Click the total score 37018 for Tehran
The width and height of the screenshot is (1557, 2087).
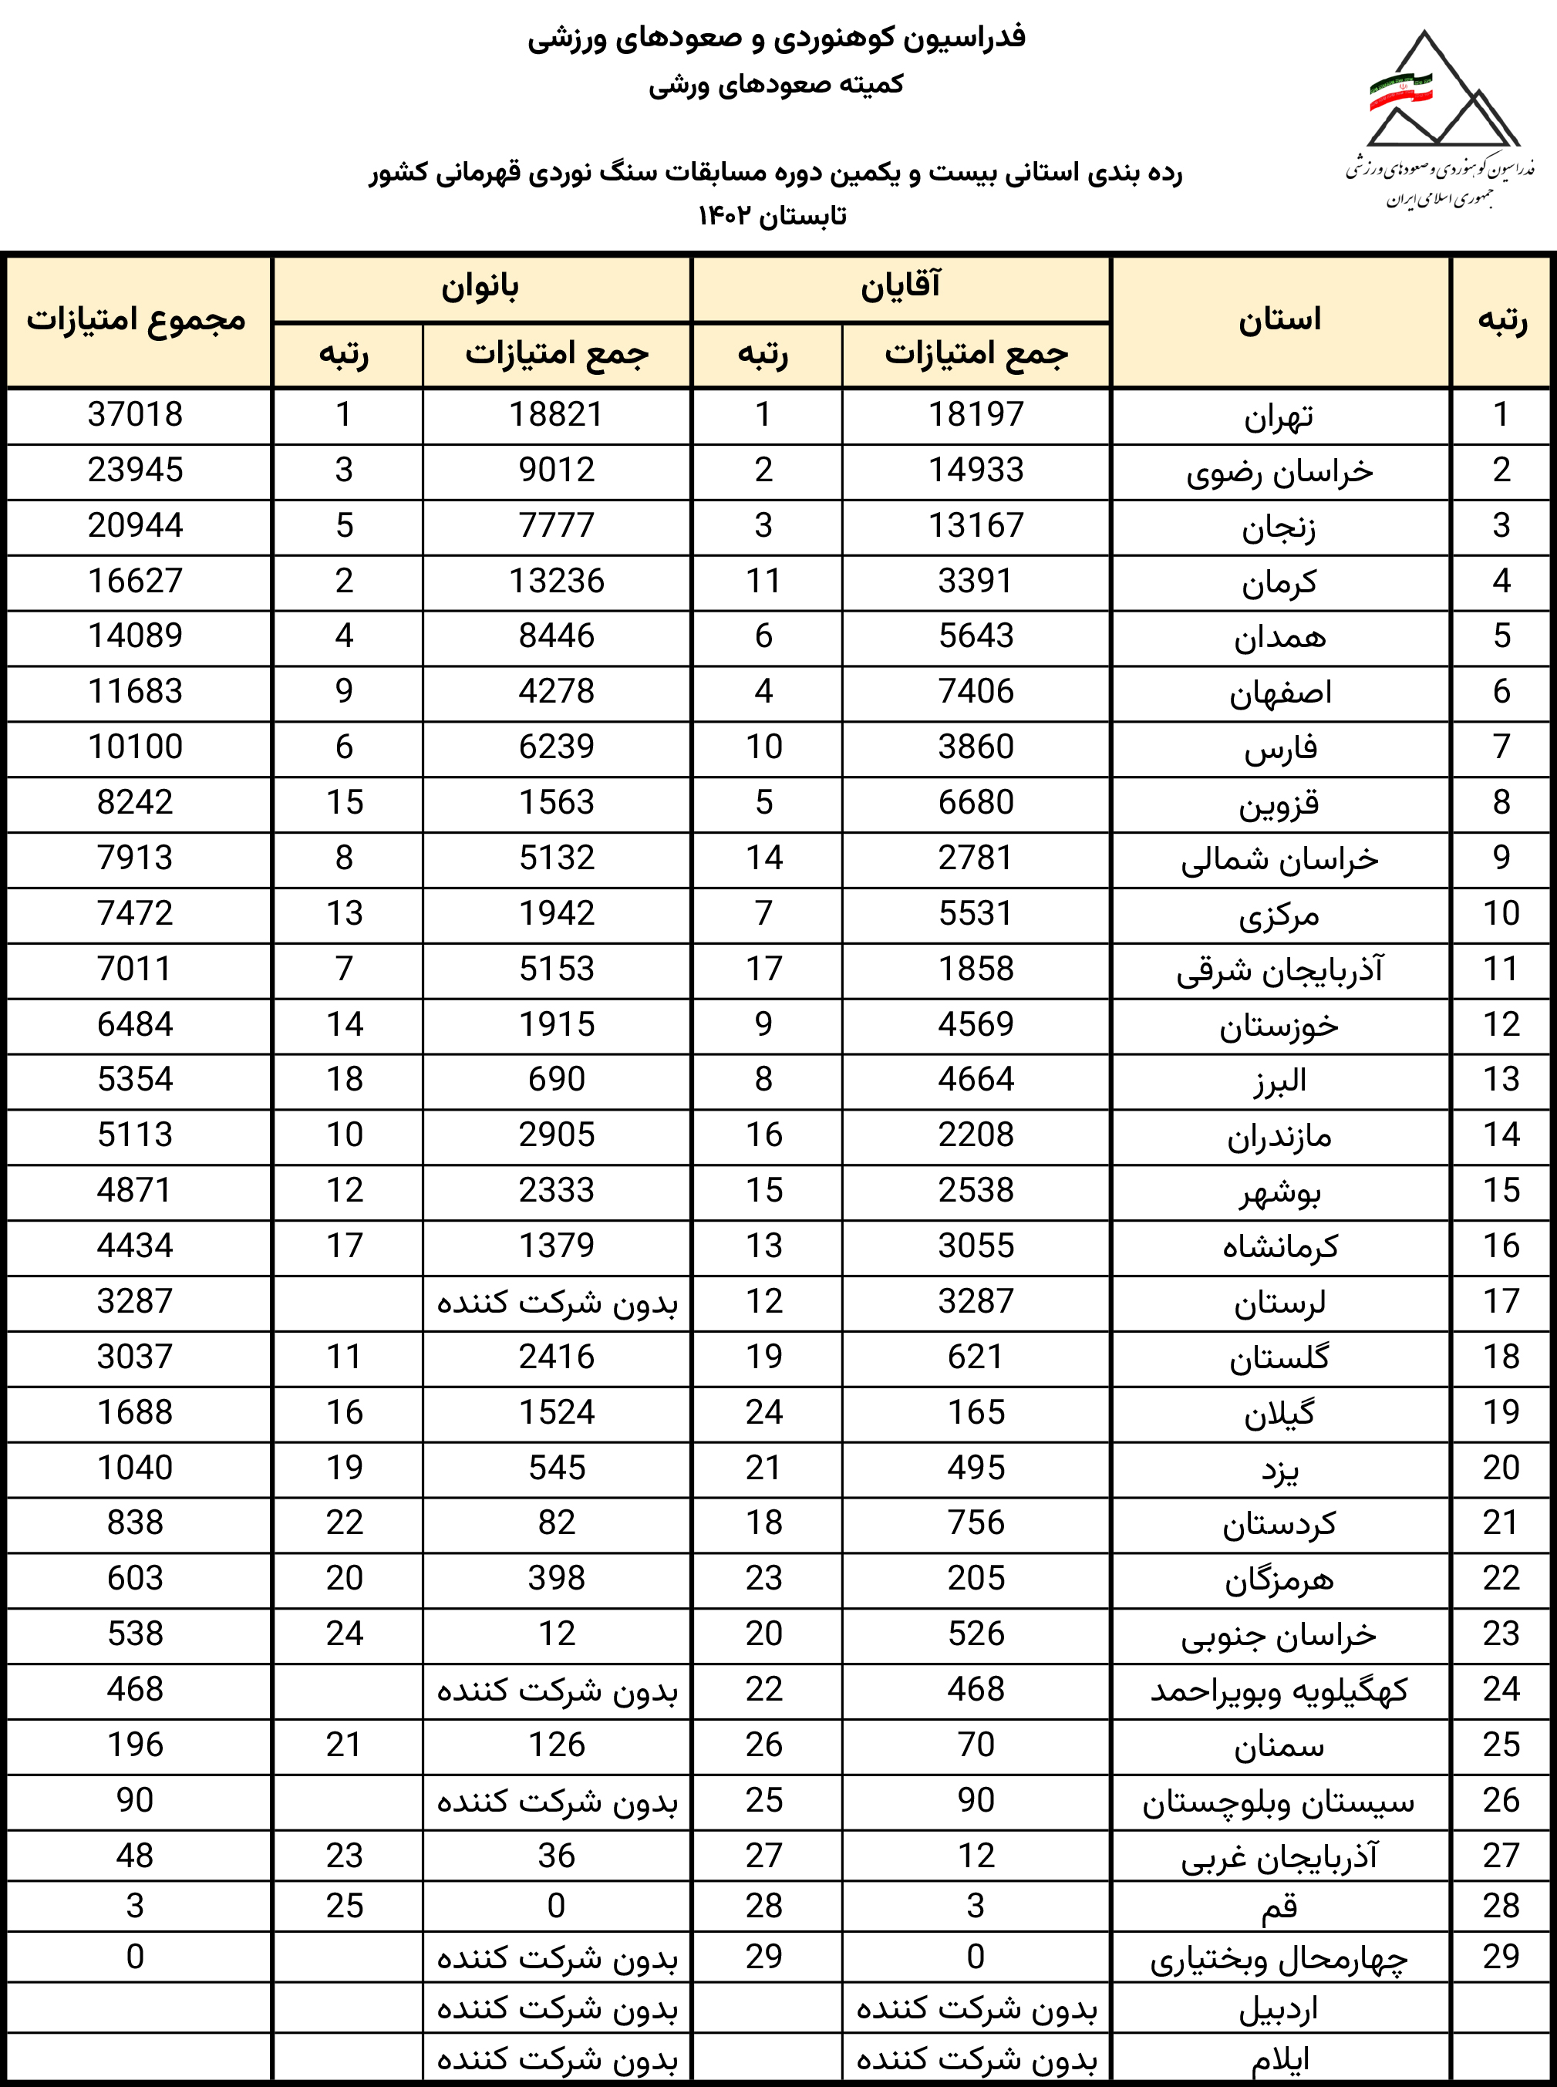[x=136, y=415]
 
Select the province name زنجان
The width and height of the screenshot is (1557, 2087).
[x=1279, y=526]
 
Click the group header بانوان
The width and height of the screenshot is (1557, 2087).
[x=480, y=288]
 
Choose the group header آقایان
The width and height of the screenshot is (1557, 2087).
[x=900, y=288]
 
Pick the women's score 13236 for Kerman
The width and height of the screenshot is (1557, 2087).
[x=556, y=582]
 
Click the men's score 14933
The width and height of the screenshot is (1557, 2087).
[x=976, y=470]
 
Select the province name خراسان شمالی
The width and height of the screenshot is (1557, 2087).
[x=1279, y=858]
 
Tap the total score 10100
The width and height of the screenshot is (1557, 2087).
[x=136, y=747]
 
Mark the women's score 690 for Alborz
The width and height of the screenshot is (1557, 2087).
[x=556, y=1079]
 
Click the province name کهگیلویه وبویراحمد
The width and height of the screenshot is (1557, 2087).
[x=1279, y=1690]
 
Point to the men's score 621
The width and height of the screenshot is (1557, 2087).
[x=976, y=1357]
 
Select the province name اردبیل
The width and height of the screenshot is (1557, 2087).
[x=1279, y=2009]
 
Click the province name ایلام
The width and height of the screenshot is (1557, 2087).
[x=1279, y=2060]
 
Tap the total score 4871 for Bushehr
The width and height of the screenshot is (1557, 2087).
[x=136, y=1191]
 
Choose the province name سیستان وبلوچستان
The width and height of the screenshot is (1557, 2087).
[x=1279, y=1802]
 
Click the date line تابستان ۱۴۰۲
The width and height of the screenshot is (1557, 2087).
[x=772, y=217]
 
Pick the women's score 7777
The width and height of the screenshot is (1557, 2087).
[x=556, y=526]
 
